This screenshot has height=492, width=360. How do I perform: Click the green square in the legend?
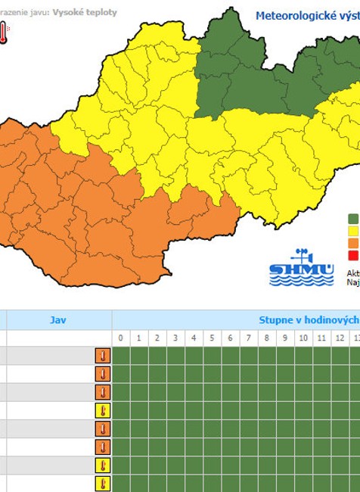point(353,219)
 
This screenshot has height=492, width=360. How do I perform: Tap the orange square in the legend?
point(353,243)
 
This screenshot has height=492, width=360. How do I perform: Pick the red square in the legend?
point(353,255)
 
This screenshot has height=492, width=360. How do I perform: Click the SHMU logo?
point(290,269)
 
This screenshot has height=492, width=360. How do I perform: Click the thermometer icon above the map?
point(3,32)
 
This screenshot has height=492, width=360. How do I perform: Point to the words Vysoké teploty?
point(85,13)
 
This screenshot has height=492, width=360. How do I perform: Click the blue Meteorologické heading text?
point(307,15)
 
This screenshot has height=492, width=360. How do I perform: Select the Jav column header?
point(58,320)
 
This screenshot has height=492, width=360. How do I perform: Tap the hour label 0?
point(121,338)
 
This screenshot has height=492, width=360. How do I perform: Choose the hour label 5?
point(212,338)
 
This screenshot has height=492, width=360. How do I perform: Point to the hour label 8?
point(266,338)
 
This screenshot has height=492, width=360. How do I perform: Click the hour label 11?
point(321,338)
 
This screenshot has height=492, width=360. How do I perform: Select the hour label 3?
point(175,338)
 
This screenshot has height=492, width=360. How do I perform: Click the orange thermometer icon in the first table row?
point(103,356)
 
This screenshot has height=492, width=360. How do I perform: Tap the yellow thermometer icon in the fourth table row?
point(103,410)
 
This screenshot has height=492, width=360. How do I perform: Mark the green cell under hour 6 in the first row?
point(230,356)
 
